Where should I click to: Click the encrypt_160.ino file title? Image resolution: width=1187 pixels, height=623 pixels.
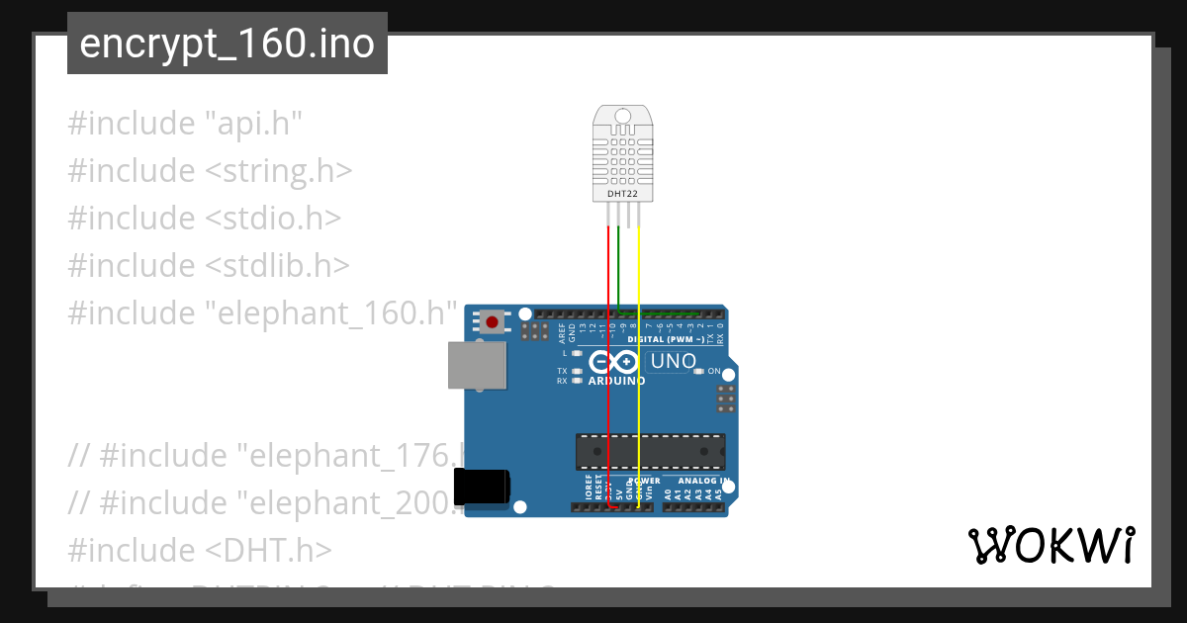coord(227,44)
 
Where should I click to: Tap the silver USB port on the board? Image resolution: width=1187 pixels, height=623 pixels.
coord(475,365)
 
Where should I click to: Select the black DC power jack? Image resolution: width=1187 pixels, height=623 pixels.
coord(482,489)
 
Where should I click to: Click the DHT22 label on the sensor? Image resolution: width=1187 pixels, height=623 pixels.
coord(622,195)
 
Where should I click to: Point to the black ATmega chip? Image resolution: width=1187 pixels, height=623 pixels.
coord(650,451)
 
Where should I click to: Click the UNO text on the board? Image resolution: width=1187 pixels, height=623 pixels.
coord(673,362)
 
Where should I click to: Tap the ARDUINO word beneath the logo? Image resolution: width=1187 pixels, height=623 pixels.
coord(616,381)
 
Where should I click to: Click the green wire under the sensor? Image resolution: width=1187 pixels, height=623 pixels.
coord(618,267)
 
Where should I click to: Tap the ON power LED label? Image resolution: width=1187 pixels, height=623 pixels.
coord(713,371)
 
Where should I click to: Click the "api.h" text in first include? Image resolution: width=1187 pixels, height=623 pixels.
coord(252,124)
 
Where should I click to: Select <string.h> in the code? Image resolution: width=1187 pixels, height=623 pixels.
coord(279,170)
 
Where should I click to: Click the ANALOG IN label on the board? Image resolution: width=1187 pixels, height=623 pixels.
coord(703,481)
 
